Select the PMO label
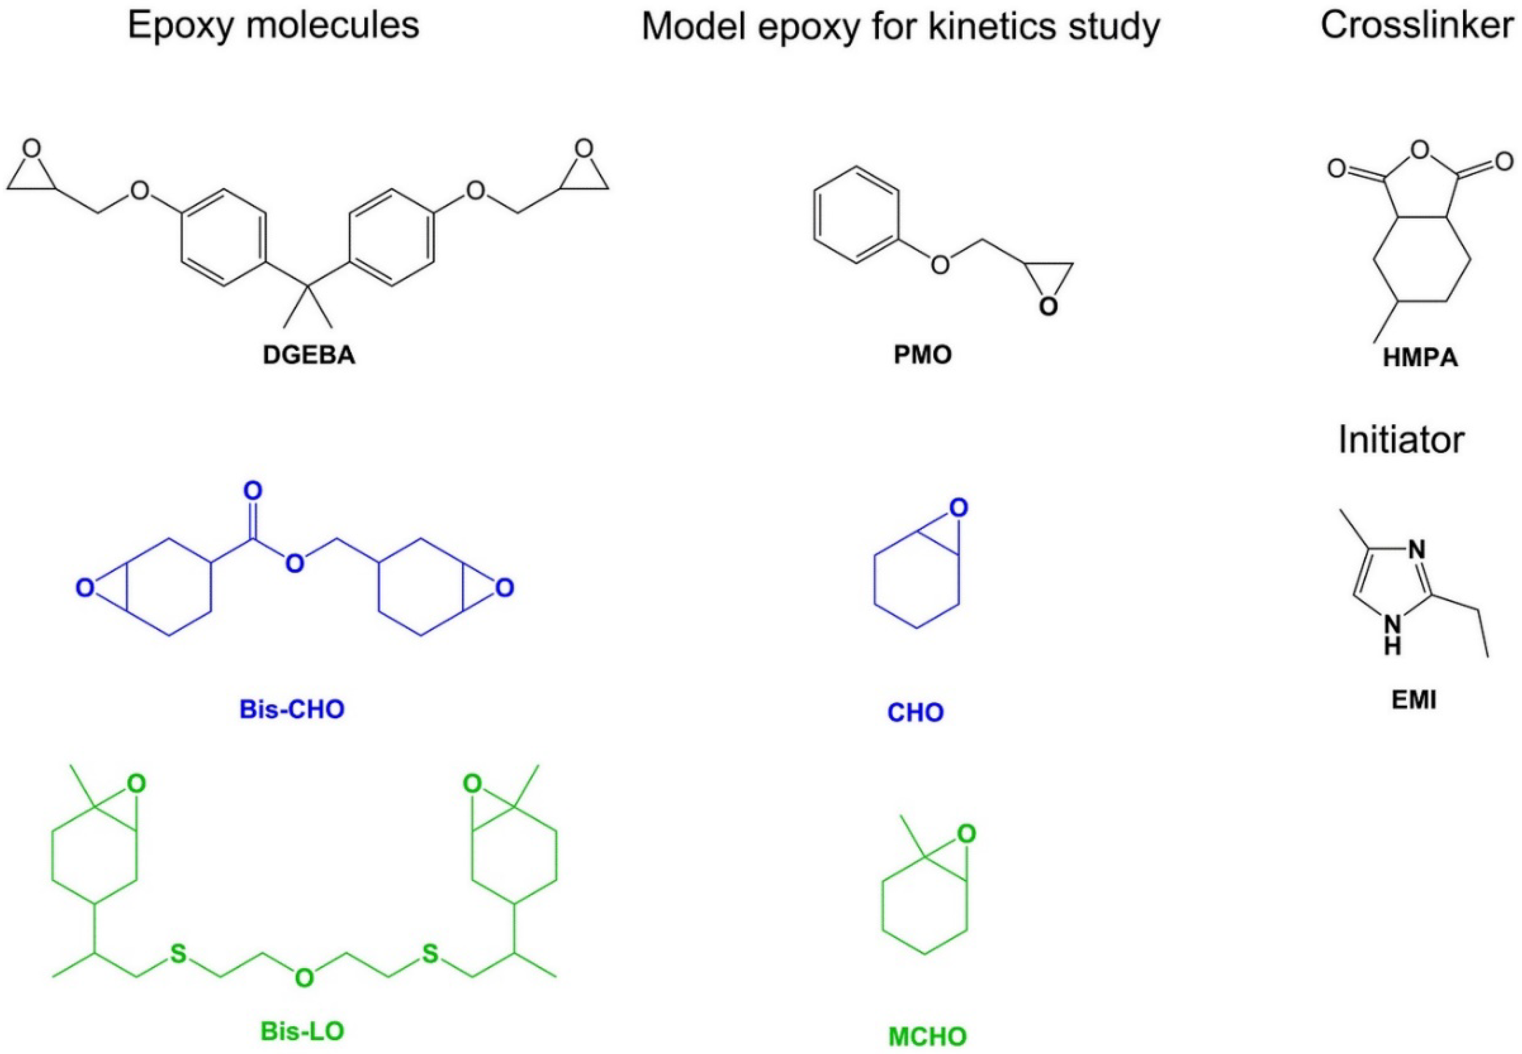click(922, 355)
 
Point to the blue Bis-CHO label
click(292, 710)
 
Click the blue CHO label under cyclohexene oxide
click(915, 713)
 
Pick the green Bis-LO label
click(302, 1031)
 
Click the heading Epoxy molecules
click(273, 26)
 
